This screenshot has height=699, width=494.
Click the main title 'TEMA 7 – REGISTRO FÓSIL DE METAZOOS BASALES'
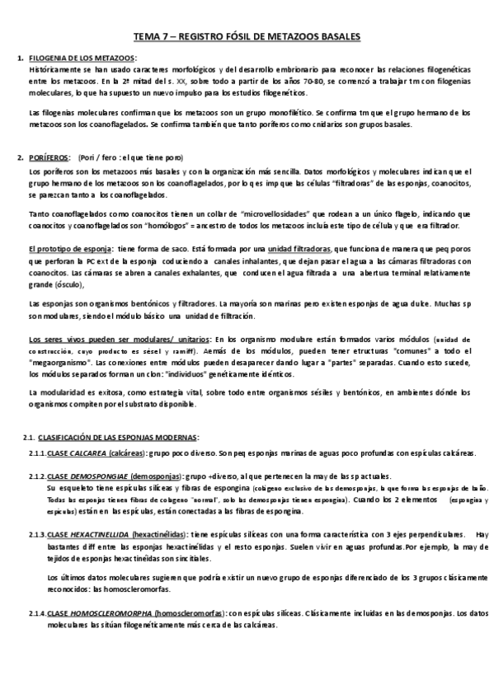tap(247, 37)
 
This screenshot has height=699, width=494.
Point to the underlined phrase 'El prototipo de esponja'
tap(70, 248)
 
